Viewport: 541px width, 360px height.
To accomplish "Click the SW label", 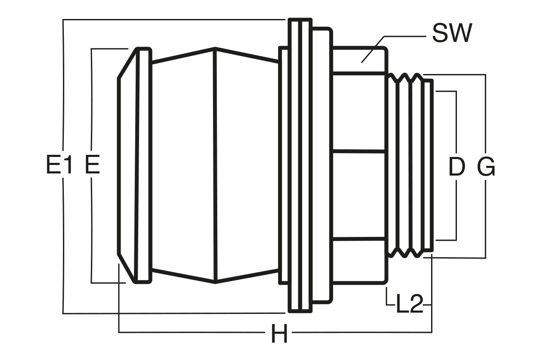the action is tap(452, 33).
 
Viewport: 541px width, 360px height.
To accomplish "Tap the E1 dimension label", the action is tap(59, 165).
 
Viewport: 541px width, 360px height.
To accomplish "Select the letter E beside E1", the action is tap(93, 165).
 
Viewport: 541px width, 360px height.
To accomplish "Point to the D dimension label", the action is tap(457, 166).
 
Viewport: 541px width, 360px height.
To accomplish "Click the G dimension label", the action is tap(486, 166).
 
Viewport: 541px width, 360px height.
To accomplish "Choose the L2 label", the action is tap(410, 304).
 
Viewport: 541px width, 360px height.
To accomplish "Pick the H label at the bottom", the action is tap(279, 334).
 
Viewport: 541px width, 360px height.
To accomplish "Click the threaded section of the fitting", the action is tap(405, 165).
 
